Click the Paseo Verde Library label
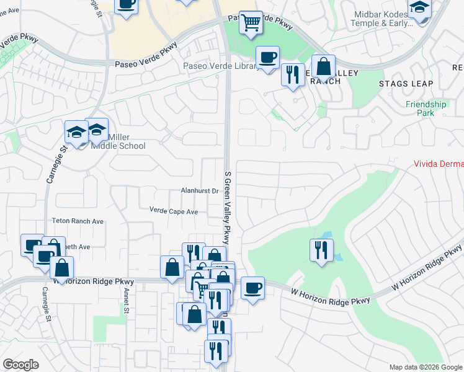(221, 66)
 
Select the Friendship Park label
(426, 108)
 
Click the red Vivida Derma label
(439, 164)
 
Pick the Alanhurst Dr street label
(200, 191)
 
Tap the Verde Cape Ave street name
(173, 211)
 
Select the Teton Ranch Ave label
(78, 221)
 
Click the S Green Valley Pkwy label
(228, 203)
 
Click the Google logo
(20, 365)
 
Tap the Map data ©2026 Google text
(426, 367)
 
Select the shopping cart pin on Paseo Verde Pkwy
(251, 22)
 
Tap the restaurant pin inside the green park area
(320, 250)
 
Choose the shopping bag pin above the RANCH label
(323, 66)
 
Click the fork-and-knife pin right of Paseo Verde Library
(292, 74)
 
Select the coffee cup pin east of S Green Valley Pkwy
(252, 288)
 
